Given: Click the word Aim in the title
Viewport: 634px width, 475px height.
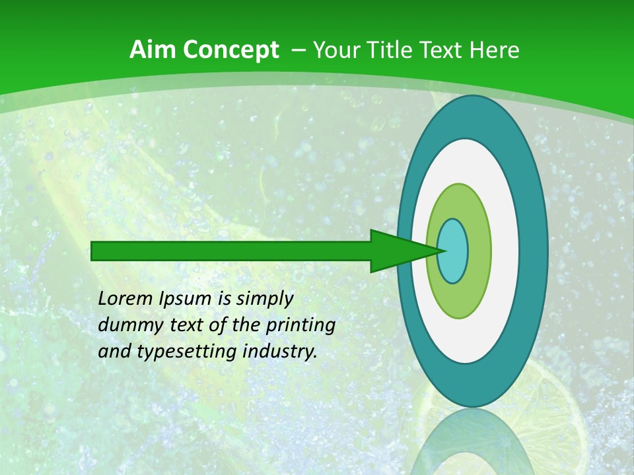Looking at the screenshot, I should point(153,49).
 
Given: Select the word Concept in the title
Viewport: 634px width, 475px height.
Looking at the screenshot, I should point(230,49).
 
